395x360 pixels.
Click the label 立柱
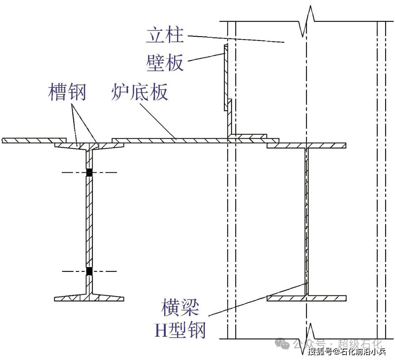coord(165,35)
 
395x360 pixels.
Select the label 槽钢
coord(67,92)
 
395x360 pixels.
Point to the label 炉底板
coord(140,92)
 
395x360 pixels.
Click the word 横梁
coord(180,308)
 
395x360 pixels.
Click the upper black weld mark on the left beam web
coord(89,172)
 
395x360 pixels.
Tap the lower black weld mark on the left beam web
coord(89,271)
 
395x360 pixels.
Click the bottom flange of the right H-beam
coord(306,298)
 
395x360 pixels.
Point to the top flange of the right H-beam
coord(306,146)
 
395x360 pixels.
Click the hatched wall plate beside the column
coord(225,77)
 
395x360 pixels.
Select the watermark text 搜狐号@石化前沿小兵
coord(347,352)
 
